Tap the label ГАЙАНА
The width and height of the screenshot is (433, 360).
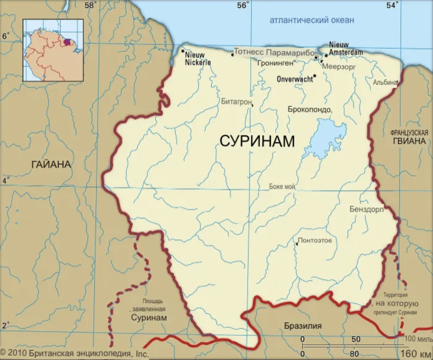tap(51, 165)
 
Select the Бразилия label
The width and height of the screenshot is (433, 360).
tap(303, 326)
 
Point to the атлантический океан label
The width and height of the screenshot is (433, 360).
tap(312, 20)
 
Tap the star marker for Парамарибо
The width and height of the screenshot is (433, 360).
tap(316, 57)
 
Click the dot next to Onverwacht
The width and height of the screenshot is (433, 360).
tap(315, 76)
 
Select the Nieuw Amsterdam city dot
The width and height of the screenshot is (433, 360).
tap(326, 55)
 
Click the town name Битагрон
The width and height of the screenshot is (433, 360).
tap(236, 101)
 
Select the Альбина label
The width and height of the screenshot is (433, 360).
tap(385, 82)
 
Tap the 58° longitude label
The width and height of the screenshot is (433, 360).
tap(91, 5)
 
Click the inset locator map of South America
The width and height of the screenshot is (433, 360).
tap(53, 50)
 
